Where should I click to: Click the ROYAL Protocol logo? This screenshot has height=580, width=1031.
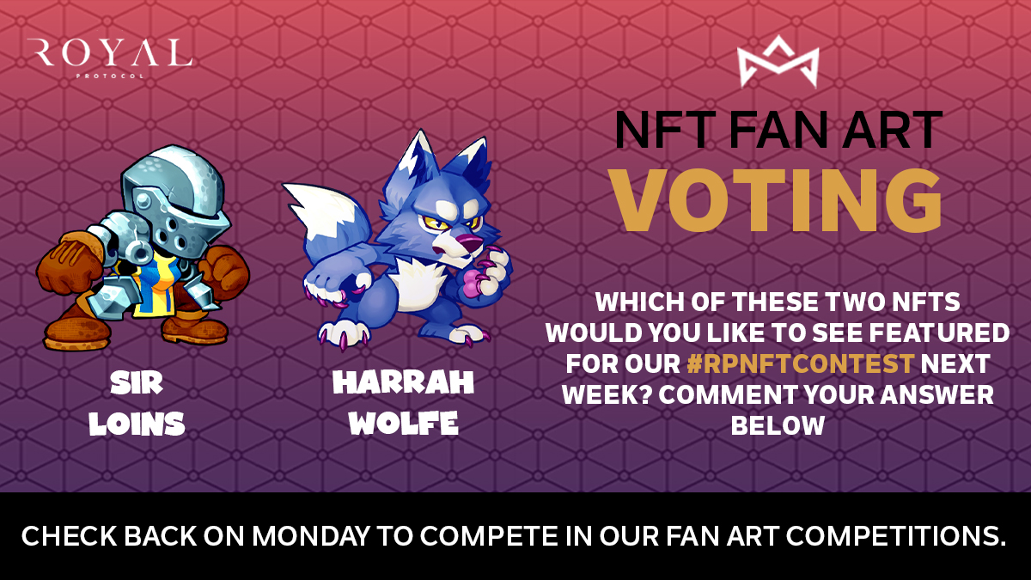pos(109,56)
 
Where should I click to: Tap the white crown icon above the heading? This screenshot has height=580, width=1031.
pos(778,62)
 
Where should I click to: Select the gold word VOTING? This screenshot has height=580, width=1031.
pos(778,198)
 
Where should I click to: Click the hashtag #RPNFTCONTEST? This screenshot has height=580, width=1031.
pos(800,363)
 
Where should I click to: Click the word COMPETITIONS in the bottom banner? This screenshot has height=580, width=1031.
pos(912,536)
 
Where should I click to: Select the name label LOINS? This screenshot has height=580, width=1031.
pos(137,424)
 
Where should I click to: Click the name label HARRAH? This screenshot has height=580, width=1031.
pos(403,384)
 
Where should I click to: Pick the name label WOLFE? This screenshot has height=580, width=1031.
pos(403,424)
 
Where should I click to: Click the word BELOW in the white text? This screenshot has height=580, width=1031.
pos(778,425)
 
